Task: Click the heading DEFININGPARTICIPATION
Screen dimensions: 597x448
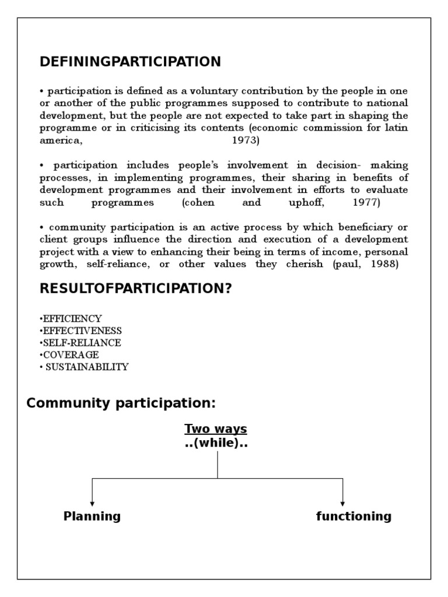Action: pos(130,62)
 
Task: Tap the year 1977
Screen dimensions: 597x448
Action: pos(366,203)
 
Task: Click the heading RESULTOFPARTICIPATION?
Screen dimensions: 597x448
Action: pos(135,289)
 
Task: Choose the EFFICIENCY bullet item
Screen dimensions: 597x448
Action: pos(71,319)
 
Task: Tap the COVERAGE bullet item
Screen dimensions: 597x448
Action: pos(69,355)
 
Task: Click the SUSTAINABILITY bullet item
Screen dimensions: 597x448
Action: pos(85,367)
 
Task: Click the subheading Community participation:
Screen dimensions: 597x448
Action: pos(121,403)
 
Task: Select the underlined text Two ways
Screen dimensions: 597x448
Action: pos(216,429)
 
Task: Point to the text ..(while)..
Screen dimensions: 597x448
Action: pos(216,443)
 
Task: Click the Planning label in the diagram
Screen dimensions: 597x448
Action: pos(92,516)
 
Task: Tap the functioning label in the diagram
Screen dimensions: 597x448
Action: pos(354,516)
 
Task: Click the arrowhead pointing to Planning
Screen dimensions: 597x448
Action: pos(92,503)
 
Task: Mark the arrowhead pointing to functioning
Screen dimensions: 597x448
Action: pos(342,503)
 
